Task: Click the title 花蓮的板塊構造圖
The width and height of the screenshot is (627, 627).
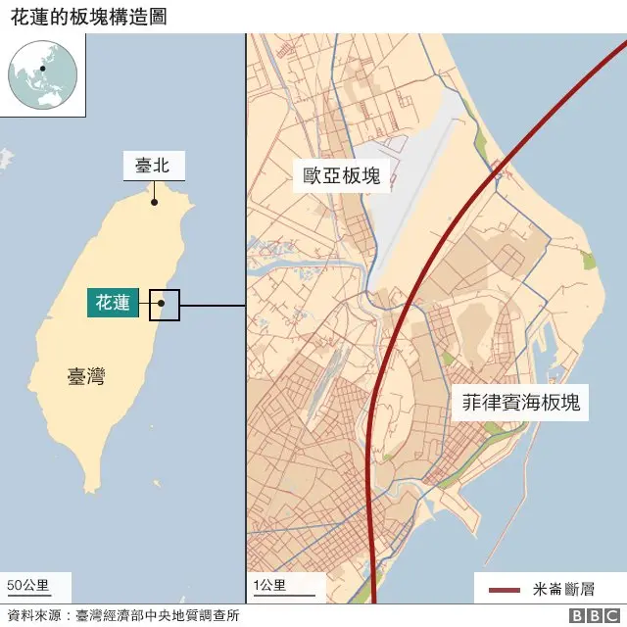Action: coord(82,15)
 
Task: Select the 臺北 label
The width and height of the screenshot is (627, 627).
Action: coord(153,166)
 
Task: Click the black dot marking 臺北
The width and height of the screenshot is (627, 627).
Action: coord(154,203)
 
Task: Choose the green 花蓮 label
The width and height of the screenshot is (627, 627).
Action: coord(112,303)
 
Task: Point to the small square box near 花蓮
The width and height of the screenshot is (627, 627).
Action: coord(165,306)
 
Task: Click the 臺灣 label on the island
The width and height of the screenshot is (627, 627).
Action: coord(86,376)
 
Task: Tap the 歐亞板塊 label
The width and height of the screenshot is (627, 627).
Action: coord(342,175)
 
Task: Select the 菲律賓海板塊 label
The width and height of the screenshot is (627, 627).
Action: coord(521,403)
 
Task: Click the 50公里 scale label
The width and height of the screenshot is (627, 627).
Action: coord(28,586)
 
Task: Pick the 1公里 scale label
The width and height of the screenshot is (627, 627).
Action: coord(269,586)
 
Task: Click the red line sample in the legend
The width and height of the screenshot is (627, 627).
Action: coord(503,590)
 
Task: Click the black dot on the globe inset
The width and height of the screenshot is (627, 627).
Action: coord(42,69)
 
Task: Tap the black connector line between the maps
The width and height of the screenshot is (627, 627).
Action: coord(212,306)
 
